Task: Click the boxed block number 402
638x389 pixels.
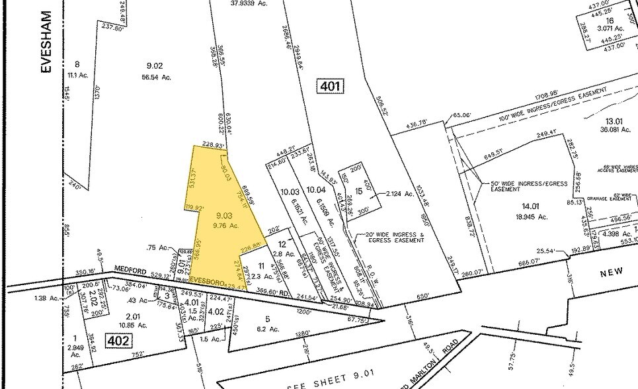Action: click(120, 341)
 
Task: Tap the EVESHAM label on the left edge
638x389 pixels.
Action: click(46, 47)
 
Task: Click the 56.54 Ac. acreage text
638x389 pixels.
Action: click(157, 77)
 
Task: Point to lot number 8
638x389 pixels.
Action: click(77, 64)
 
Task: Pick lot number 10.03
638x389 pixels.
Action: click(290, 191)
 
